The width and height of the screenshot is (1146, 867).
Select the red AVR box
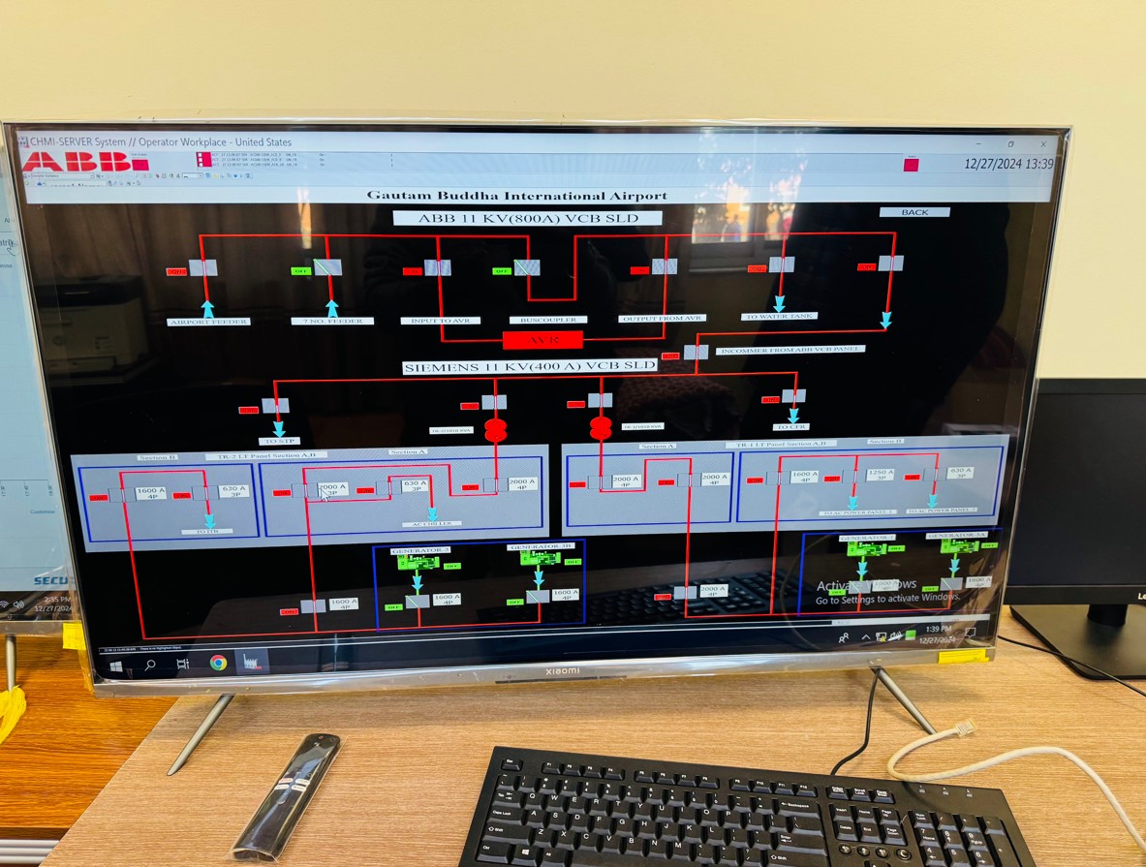point(542,340)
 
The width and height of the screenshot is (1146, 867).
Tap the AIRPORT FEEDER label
point(208,322)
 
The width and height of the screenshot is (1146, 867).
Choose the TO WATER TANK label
point(780,316)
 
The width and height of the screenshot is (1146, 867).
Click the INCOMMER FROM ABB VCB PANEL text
point(789,349)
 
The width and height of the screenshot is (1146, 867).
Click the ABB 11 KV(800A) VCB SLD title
point(527,218)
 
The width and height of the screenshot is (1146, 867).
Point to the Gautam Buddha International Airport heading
point(516,196)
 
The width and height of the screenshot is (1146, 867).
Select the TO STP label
point(279,440)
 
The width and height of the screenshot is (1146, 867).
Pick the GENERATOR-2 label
point(420,550)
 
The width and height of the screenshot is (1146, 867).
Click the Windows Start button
point(116,666)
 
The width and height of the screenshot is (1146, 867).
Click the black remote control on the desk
point(287,796)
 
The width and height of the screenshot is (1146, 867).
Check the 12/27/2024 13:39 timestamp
point(1007,164)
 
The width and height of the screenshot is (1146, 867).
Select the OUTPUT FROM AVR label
point(663,318)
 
